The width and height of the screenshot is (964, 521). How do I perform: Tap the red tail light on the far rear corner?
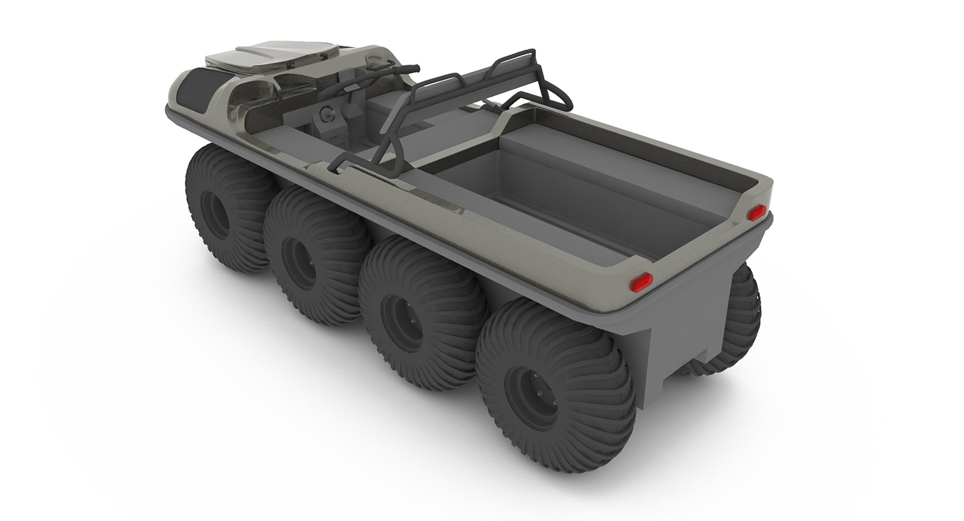tap(755, 213)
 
